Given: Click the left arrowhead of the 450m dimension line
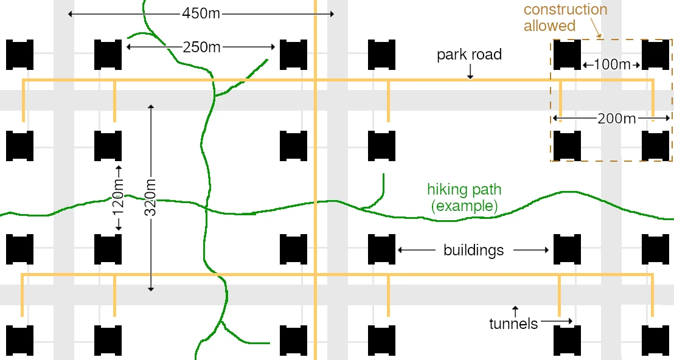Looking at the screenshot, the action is (69, 14).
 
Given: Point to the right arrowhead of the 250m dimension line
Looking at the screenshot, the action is (274, 47).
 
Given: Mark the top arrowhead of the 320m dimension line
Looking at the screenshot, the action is (150, 105).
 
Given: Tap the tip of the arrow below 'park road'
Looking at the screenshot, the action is (470, 79).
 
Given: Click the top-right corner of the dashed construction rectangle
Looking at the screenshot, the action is (672, 40).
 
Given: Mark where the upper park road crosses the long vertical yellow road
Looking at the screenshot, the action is (316, 80).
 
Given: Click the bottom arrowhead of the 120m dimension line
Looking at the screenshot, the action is (119, 230).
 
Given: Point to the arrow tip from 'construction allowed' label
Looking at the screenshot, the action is (600, 37).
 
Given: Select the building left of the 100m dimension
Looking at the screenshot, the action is (567, 55).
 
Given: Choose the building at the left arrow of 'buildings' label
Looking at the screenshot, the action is (381, 249).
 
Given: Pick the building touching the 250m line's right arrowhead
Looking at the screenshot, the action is (294, 55).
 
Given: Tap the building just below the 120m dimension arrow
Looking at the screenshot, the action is (108, 249).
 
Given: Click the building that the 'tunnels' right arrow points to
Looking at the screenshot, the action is (567, 341).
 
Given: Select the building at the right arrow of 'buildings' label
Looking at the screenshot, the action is (567, 249).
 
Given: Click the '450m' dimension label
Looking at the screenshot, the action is (201, 14).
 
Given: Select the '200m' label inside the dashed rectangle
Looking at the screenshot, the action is (616, 119).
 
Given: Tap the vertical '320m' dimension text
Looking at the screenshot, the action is (151, 197).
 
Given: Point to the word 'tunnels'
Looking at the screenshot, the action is (513, 324).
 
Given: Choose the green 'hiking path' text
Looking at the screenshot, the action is (464, 190).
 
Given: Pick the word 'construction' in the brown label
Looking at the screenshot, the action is (566, 10).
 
